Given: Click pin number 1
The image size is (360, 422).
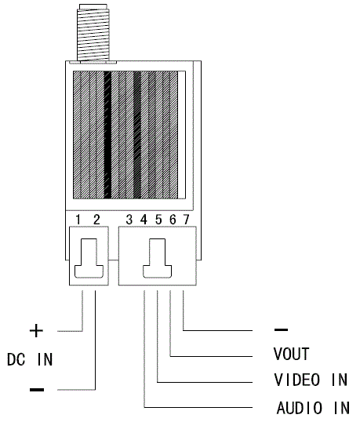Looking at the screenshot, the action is coord(78,220).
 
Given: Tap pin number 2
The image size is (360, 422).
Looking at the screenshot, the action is coord(96,220).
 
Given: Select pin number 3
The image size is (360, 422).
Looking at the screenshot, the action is coord(129,220).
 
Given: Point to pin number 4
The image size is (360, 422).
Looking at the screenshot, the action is coord(144,220).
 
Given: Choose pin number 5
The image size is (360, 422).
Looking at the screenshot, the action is coord(158,220).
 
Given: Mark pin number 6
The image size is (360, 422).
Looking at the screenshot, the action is coord(173,220).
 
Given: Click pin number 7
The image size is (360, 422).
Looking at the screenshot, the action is coord(186,220).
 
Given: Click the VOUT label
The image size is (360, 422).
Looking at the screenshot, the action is coord(292,354).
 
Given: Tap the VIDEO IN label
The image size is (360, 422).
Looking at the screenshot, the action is coord(311,380).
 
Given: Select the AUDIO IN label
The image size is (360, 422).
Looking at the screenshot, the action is coord(313,408).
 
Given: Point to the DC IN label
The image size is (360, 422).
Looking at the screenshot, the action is coord(30,359).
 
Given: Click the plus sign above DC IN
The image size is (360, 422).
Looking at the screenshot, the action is coord(36,330).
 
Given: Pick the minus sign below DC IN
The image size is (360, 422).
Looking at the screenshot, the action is coord(37,389).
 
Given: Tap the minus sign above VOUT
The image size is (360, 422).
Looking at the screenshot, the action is coord(281,329).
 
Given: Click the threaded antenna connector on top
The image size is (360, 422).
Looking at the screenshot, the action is coord(93,34).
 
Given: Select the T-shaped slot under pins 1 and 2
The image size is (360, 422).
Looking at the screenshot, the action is coord(89,258).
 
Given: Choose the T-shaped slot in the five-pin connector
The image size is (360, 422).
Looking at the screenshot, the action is coord(158,258).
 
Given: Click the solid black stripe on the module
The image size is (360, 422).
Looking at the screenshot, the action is coord(107,135).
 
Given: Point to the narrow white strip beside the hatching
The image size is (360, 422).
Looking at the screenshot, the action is coord(182,135).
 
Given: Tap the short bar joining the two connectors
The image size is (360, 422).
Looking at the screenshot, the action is coord(114,260).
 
